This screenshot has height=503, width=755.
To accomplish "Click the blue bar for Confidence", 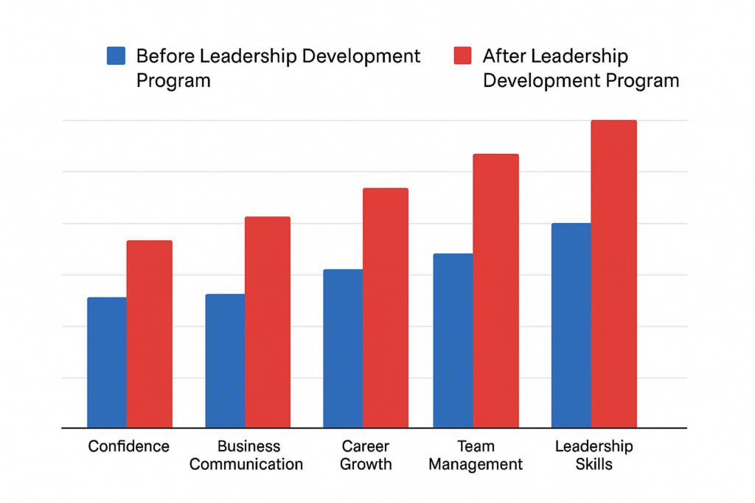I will point(107,362).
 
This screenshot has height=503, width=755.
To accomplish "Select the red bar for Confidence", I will point(150,334).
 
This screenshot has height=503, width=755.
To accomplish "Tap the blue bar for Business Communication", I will point(225,361).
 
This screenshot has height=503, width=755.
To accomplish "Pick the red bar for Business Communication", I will point(268,322).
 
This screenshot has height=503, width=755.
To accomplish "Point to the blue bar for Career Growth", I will point(343,348).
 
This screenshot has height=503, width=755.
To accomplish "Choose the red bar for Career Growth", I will point(386,308).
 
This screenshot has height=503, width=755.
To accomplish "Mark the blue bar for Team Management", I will point(453,340).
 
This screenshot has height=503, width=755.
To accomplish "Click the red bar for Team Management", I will point(496,291).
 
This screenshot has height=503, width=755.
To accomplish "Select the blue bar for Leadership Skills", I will point(571,325).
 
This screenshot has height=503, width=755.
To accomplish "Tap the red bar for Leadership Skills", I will point(614,273).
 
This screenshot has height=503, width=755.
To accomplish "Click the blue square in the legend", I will point(116,56).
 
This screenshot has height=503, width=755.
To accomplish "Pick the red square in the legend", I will point(462,56).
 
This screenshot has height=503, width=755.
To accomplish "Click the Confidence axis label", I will point(129,446).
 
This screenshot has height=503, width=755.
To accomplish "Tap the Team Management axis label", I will point(476,455).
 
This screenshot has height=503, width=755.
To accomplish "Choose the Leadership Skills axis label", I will point(594,455).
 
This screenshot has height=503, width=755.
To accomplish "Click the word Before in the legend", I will point(167,56).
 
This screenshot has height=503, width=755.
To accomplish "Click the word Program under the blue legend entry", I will point(173,80).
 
